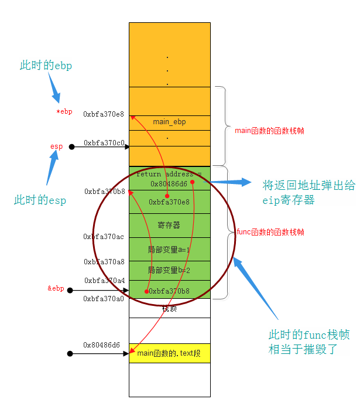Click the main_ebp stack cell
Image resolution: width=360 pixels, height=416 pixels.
click(169, 122)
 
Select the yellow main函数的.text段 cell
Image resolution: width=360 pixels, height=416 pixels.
click(169, 353)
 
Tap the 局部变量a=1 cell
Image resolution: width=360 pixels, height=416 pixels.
click(169, 250)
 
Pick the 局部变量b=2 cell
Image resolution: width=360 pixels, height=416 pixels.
click(169, 270)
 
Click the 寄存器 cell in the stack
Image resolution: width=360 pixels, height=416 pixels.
click(169, 225)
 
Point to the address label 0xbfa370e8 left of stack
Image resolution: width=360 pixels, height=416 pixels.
click(104, 114)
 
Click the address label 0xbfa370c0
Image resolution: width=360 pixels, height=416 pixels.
click(104, 142)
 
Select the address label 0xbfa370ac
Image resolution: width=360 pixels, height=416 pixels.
click(104, 237)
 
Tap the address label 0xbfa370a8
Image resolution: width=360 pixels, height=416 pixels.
click(104, 262)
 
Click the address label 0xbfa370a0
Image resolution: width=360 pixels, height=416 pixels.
click(104, 299)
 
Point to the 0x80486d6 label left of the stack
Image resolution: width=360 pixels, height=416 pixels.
click(101, 345)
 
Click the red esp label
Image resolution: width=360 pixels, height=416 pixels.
click(56, 146)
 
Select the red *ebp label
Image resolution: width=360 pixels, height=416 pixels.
click(64, 111)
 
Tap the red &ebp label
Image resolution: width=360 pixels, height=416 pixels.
click(56, 288)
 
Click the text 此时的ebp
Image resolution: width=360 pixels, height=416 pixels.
click(46, 66)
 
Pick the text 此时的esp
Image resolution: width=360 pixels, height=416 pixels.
click(40, 200)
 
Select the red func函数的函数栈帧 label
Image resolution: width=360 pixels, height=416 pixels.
click(270, 232)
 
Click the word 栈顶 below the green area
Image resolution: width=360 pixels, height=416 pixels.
click(169, 308)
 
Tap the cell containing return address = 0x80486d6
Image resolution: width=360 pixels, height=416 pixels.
click(169, 179)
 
